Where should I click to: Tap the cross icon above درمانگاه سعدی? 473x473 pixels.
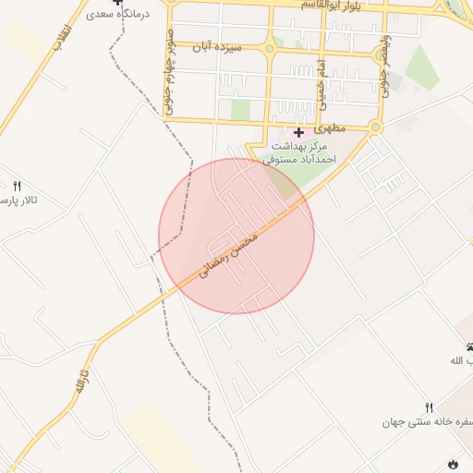[116, 3]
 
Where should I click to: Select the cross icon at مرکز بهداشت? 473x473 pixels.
[298, 133]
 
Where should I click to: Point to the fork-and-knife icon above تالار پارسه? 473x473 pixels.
[17, 186]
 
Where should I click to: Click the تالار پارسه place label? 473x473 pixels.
[18, 200]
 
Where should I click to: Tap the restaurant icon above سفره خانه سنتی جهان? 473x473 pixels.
[429, 407]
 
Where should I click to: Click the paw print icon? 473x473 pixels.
[470, 347]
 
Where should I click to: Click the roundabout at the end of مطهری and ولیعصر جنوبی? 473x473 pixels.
[375, 127]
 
